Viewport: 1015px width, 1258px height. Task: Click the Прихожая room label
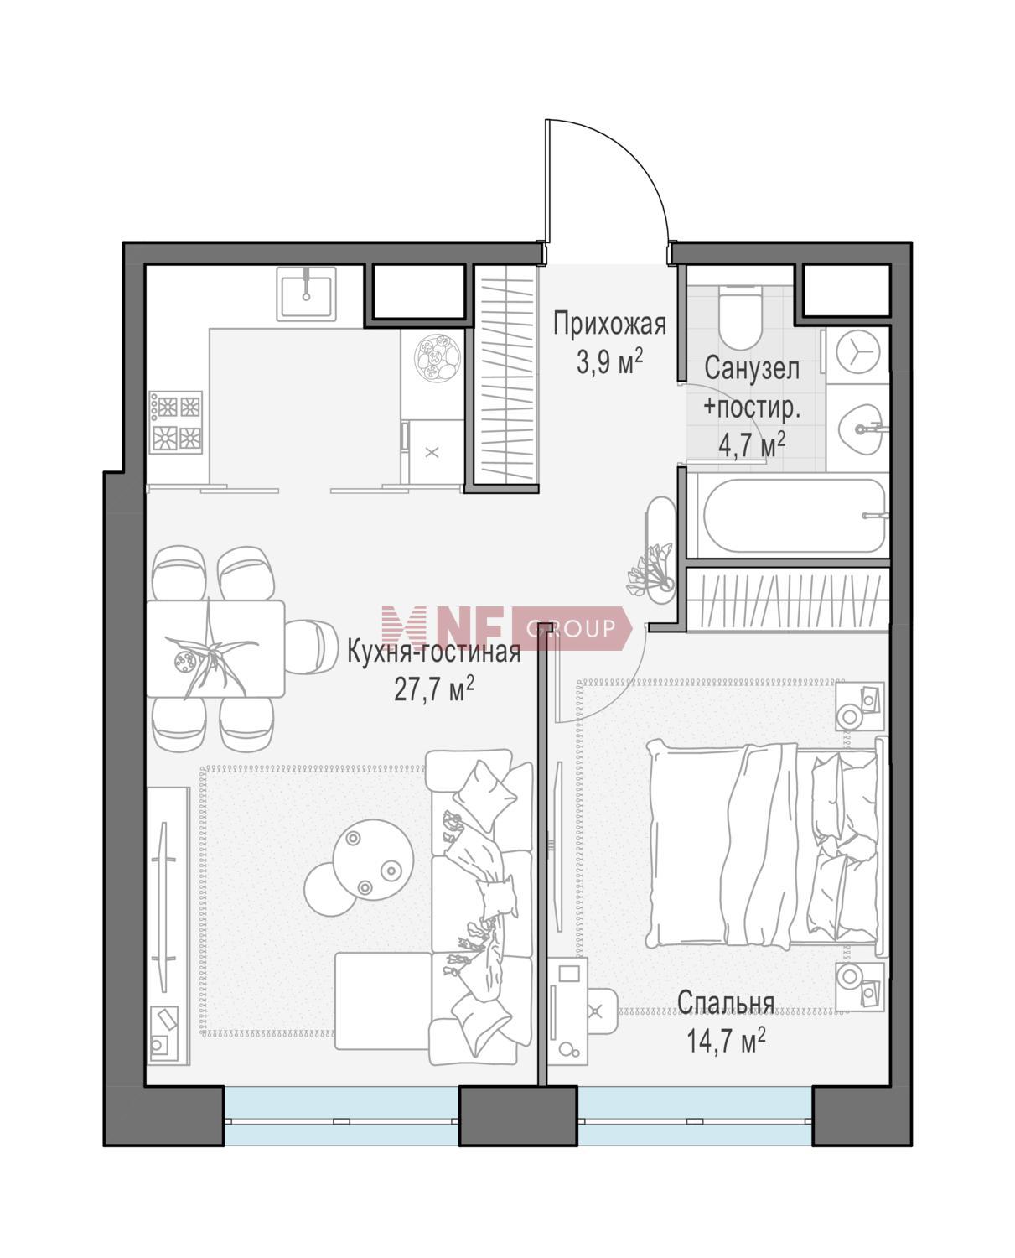609,325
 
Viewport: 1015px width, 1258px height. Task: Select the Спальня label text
725,1002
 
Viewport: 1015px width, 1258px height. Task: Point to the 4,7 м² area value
751,444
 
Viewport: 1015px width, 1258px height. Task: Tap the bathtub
795,515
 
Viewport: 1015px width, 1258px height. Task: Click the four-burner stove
176,422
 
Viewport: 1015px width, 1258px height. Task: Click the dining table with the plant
215,648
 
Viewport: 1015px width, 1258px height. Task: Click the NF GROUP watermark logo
505,628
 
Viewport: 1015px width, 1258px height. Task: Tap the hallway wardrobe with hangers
505,378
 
